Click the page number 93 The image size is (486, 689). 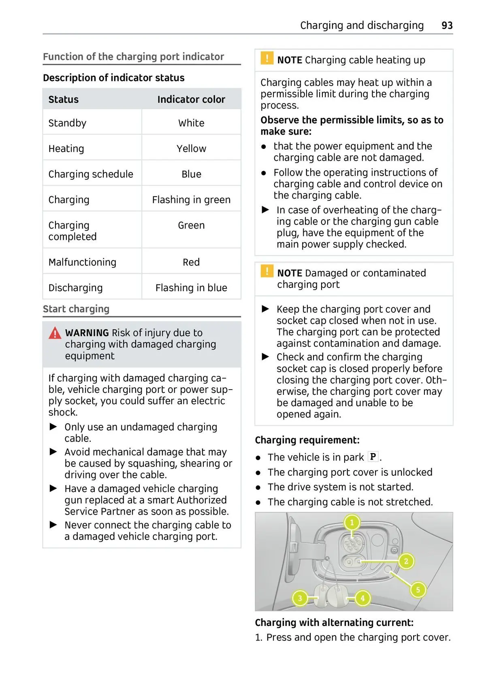click(447, 25)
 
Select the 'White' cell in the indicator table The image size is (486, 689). click(191, 123)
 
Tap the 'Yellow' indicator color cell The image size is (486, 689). click(191, 148)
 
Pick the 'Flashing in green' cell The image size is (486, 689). click(191, 199)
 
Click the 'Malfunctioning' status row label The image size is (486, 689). click(82, 262)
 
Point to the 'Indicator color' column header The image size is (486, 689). click(191, 99)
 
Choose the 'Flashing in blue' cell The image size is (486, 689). click(191, 288)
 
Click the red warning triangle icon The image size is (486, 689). click(55, 333)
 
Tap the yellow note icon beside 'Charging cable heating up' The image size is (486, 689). click(267, 59)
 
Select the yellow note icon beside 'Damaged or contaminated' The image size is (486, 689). click(267, 271)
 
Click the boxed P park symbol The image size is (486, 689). click(373, 457)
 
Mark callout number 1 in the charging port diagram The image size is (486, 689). click(352, 522)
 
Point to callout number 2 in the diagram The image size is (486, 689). click(406, 561)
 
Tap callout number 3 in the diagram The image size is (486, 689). click(300, 598)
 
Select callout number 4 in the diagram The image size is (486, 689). click(362, 598)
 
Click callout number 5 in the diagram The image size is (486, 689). click(418, 589)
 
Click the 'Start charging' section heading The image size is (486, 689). click(76, 309)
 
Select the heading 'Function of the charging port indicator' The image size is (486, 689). click(133, 57)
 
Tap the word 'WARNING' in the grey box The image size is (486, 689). click(87, 333)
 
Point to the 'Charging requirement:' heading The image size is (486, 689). click(307, 440)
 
